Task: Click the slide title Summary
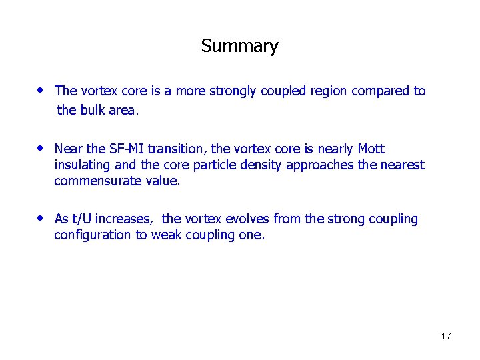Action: coord(239,46)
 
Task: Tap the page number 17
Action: coord(446,336)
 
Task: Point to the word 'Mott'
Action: coord(371,149)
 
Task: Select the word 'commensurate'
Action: coord(98,181)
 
